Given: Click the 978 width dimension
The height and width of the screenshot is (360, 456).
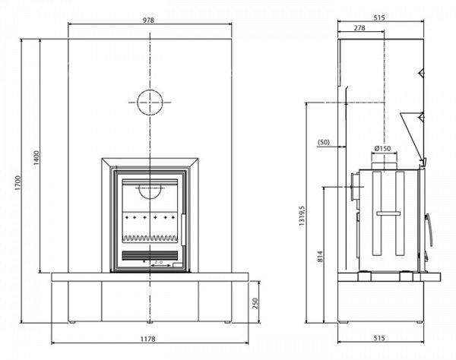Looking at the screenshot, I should [149, 21].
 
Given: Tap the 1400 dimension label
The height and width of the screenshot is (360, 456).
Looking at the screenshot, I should [36, 156].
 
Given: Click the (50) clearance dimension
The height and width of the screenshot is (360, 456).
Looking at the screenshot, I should [323, 142].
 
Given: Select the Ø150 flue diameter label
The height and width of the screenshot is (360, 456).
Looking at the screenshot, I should [382, 148].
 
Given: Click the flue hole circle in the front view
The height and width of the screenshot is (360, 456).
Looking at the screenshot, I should [150, 100].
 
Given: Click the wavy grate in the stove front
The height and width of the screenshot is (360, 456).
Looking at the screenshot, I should [150, 237].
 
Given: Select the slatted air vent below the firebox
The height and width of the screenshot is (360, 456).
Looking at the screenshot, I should [150, 253].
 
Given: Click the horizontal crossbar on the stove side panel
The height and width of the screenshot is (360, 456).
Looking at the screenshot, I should [388, 215].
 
